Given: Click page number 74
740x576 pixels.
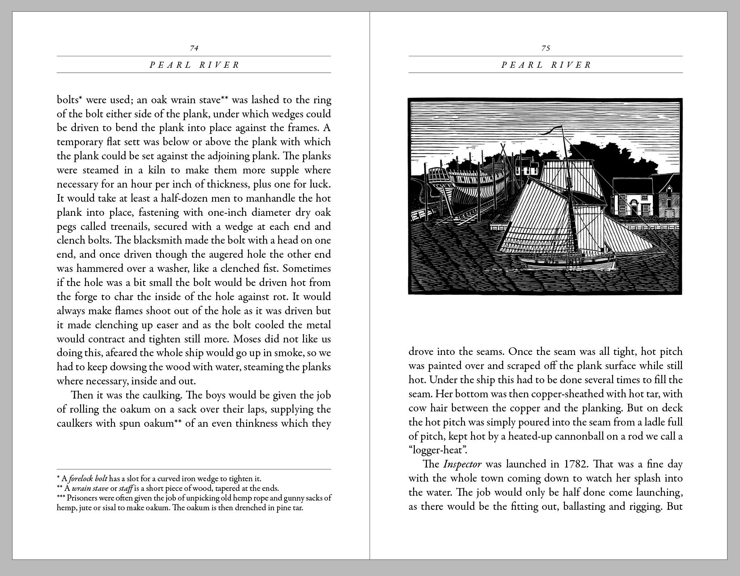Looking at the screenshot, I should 194,48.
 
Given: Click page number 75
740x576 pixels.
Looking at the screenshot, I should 546,48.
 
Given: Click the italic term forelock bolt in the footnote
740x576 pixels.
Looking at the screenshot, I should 88,479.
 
